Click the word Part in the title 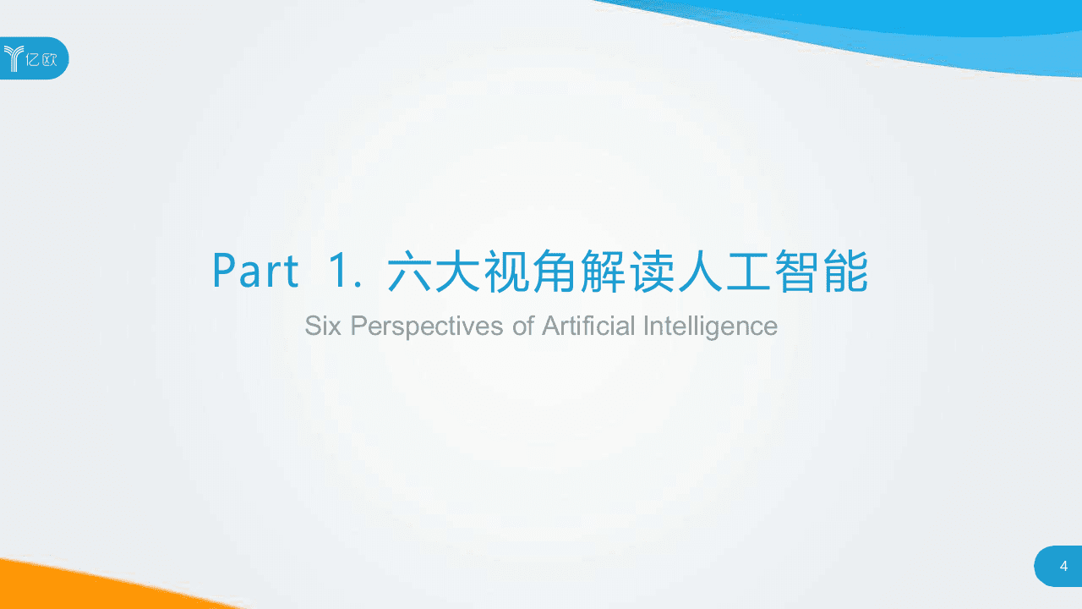point(255,271)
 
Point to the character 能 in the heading point(845,271)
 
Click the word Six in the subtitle point(324,326)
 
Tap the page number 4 point(1063,567)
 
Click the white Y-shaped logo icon point(14,58)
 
